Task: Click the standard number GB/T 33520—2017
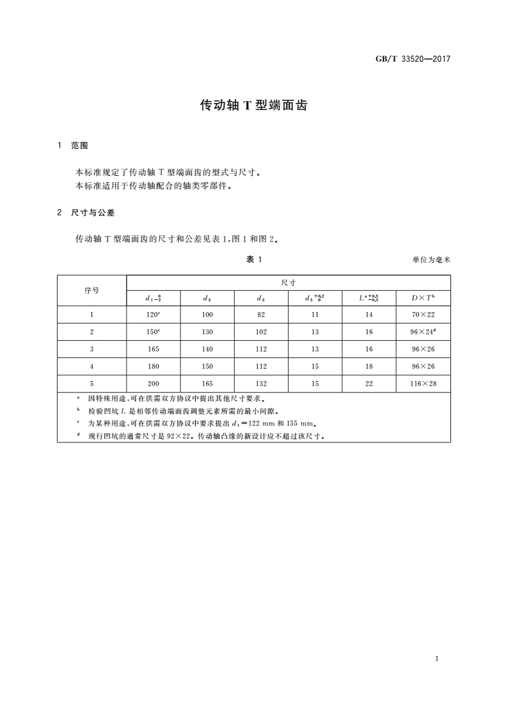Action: [x=412, y=59]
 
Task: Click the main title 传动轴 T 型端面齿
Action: [x=254, y=105]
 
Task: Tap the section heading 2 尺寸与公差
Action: [x=86, y=212]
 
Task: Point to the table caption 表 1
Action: [x=254, y=259]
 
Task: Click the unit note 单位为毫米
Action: [x=432, y=260]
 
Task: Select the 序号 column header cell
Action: [x=91, y=290]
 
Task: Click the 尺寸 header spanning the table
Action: [x=288, y=282]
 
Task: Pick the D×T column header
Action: [x=423, y=298]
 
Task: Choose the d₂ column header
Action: [x=207, y=298]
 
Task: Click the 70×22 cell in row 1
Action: [x=423, y=315]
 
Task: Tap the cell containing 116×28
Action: [x=423, y=384]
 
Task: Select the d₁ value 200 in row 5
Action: [x=153, y=384]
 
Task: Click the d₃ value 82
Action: [x=261, y=315]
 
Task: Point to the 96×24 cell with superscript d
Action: [x=423, y=332]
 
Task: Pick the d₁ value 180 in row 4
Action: [x=153, y=366]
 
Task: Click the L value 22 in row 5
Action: [x=369, y=384]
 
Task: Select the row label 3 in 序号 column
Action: [x=91, y=349]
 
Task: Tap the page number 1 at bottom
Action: [x=436, y=659]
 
